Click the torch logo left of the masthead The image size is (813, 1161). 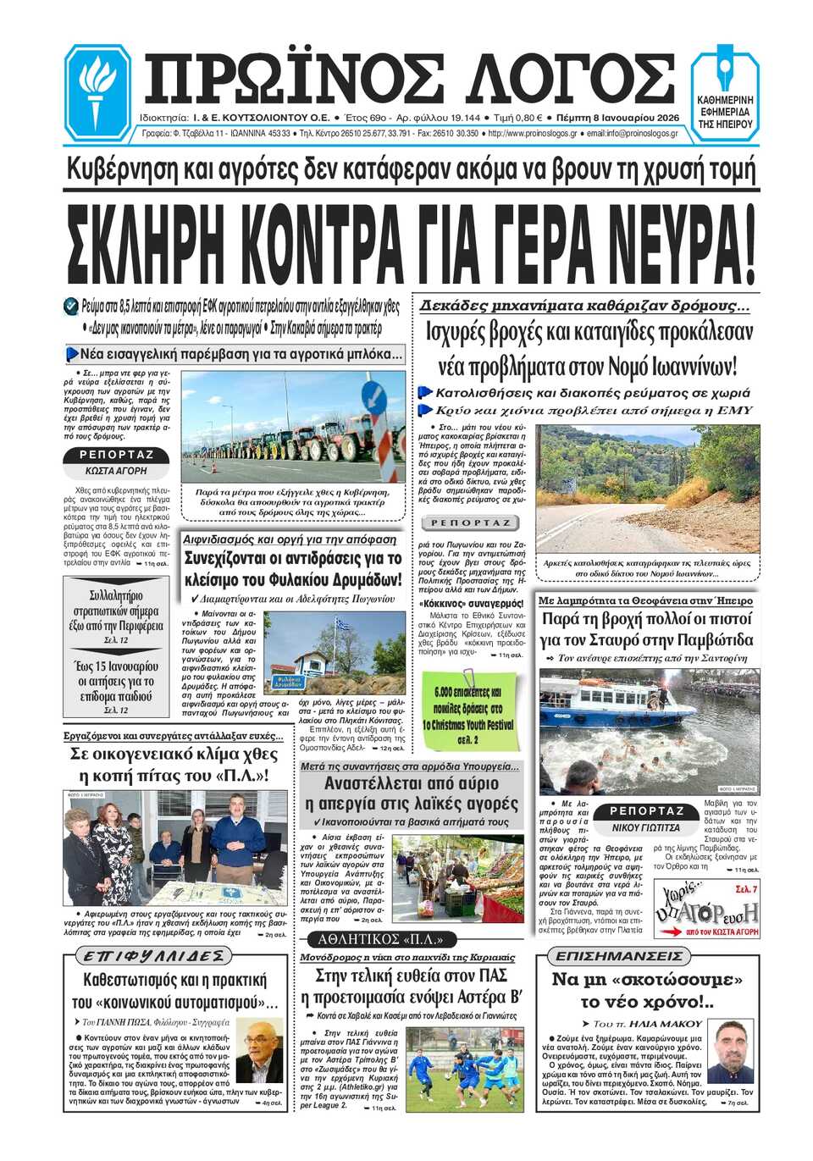point(97,91)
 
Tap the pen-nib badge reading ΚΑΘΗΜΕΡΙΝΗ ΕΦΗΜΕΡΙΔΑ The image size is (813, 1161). point(724,92)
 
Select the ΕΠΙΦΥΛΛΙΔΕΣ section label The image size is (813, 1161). point(153,956)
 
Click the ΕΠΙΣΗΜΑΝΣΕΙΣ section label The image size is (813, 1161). point(617,956)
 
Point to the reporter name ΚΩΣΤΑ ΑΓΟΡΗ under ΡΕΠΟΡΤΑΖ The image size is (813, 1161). point(116,471)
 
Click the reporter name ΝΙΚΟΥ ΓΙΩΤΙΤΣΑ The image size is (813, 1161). point(645,827)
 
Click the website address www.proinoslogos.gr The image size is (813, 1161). point(533,134)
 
